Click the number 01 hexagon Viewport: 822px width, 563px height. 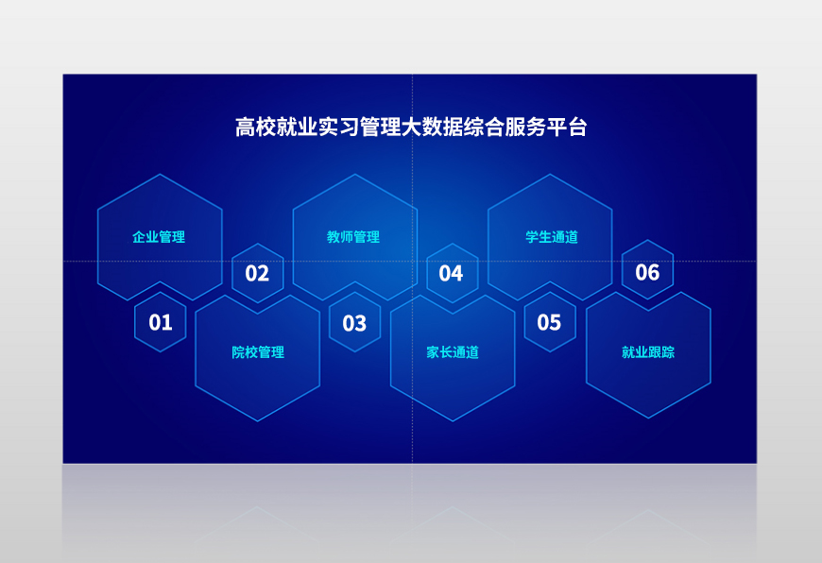tap(161, 322)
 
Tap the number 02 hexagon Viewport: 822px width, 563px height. tap(257, 273)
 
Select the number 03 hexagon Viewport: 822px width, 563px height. tap(355, 322)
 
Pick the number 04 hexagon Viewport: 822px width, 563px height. tap(453, 273)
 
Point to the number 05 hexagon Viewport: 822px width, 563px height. tap(550, 322)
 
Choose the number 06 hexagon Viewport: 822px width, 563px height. tap(647, 270)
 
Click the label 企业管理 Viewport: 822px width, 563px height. tap(159, 237)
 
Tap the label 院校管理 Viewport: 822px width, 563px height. tap(258, 351)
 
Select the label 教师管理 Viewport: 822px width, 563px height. tap(353, 237)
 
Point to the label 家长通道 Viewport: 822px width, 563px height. tap(453, 351)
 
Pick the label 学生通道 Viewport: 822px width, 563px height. tap(552, 237)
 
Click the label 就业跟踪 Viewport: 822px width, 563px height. tap(648, 351)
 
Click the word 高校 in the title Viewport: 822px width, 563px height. tap(255, 128)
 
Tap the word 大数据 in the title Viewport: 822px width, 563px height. tap(432, 128)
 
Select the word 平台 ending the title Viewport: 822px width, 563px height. tap(566, 128)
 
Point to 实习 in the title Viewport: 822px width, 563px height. tap(338, 128)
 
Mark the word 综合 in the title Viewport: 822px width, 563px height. tap(483, 128)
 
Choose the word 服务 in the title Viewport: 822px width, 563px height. tap(524, 128)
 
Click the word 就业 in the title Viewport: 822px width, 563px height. tap(297, 128)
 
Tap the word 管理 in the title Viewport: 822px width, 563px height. tap(380, 128)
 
